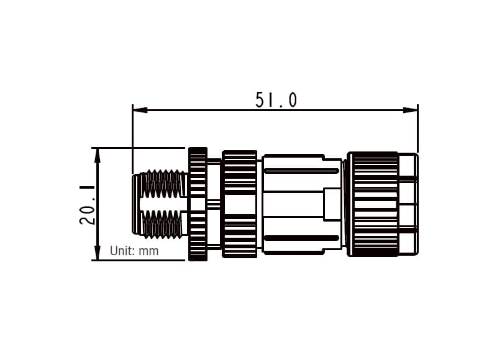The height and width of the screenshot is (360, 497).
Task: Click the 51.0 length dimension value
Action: click(276, 99)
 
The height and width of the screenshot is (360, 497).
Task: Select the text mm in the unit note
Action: click(148, 251)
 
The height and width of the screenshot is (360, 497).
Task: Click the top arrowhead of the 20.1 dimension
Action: click(97, 155)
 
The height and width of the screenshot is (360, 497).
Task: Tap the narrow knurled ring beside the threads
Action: click(198, 204)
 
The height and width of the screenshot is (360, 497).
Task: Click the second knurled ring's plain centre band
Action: click(239, 204)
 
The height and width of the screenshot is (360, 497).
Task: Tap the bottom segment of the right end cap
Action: click(408, 242)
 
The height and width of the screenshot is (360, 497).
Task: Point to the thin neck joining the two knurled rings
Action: click(214, 204)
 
